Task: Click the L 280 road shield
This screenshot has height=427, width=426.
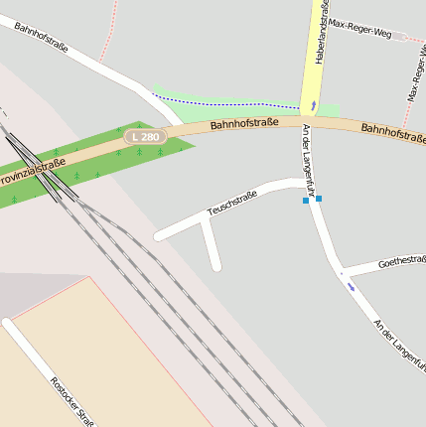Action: [144, 136]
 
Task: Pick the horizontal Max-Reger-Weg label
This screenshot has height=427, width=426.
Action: [359, 28]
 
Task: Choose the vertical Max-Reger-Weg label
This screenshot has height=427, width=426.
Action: [416, 73]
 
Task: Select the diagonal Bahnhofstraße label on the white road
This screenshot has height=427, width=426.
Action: [41, 35]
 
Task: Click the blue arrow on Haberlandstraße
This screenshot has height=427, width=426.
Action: [314, 103]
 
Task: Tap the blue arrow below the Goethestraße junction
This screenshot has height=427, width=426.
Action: [351, 285]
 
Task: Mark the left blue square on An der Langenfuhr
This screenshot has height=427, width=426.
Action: [306, 201]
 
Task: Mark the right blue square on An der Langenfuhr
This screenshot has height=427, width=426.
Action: [319, 199]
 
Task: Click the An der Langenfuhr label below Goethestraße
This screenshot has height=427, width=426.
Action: [398, 343]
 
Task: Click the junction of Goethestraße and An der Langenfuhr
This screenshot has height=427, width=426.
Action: [340, 270]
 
